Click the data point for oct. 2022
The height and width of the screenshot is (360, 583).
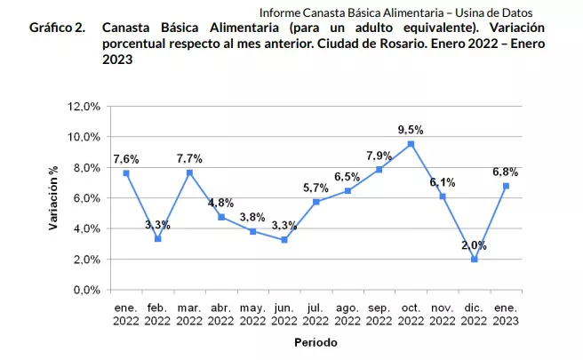pos(411,144)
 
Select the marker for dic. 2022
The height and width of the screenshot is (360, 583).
pos(474,259)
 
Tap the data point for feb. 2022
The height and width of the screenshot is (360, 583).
pos(157,238)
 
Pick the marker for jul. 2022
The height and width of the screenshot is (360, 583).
pos(315,202)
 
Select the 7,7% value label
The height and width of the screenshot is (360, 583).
pos(188,158)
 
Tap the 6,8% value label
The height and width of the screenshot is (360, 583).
pos(505,172)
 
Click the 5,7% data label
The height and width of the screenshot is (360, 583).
pos(315,188)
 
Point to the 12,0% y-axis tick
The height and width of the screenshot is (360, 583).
pos(83,106)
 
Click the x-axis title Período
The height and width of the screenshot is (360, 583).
pos(315,341)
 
